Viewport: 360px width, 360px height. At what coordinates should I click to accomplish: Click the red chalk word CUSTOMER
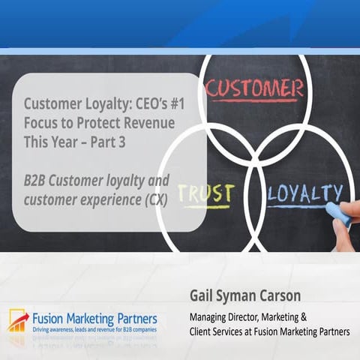(x=255, y=88)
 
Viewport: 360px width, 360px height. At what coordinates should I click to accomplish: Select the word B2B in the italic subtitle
(x=34, y=181)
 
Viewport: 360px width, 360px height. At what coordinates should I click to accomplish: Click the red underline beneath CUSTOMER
(x=256, y=101)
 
